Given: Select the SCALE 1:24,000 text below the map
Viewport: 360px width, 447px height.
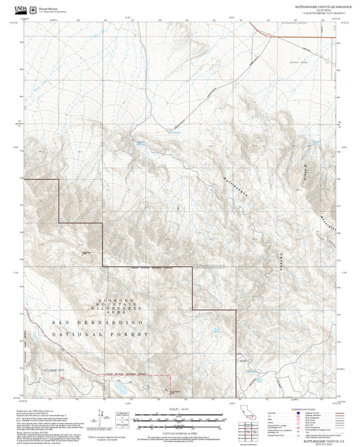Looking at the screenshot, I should [x=180, y=409].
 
